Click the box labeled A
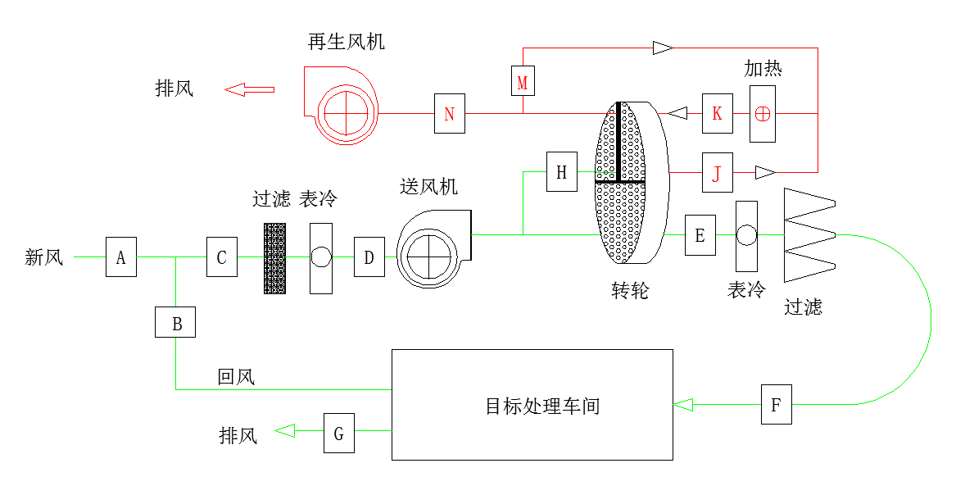click(120, 257)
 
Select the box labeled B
click(176, 321)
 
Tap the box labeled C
click(221, 257)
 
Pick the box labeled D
click(369, 257)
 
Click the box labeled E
click(700, 235)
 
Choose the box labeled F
click(776, 404)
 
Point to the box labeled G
click(338, 433)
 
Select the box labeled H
click(561, 172)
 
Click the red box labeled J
click(717, 172)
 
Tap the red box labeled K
click(717, 113)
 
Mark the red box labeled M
click(522, 81)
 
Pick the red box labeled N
click(449, 113)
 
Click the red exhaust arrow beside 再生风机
click(249, 89)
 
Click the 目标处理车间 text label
click(542, 406)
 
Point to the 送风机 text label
click(428, 187)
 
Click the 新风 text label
click(44, 257)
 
